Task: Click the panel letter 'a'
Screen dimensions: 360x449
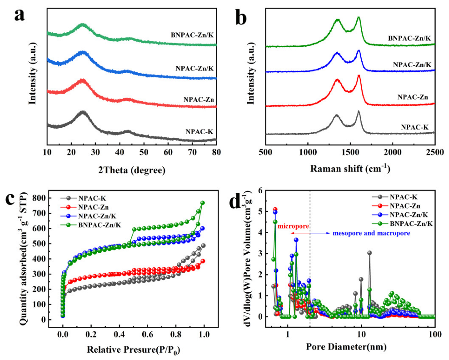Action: [x=20, y=15]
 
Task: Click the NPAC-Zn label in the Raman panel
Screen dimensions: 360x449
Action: [x=413, y=96]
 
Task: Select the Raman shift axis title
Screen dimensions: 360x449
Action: [x=350, y=169]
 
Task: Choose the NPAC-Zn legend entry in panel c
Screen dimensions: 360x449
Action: [x=93, y=207]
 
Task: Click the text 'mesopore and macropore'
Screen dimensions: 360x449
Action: [x=371, y=233]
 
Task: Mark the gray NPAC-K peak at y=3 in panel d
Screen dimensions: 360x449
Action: [x=369, y=253]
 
